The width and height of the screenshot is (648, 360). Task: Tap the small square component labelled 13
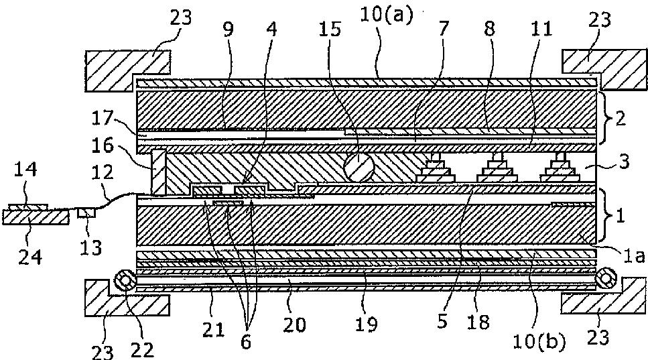click(x=86, y=213)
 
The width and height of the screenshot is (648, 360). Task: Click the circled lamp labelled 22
click(x=125, y=280)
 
